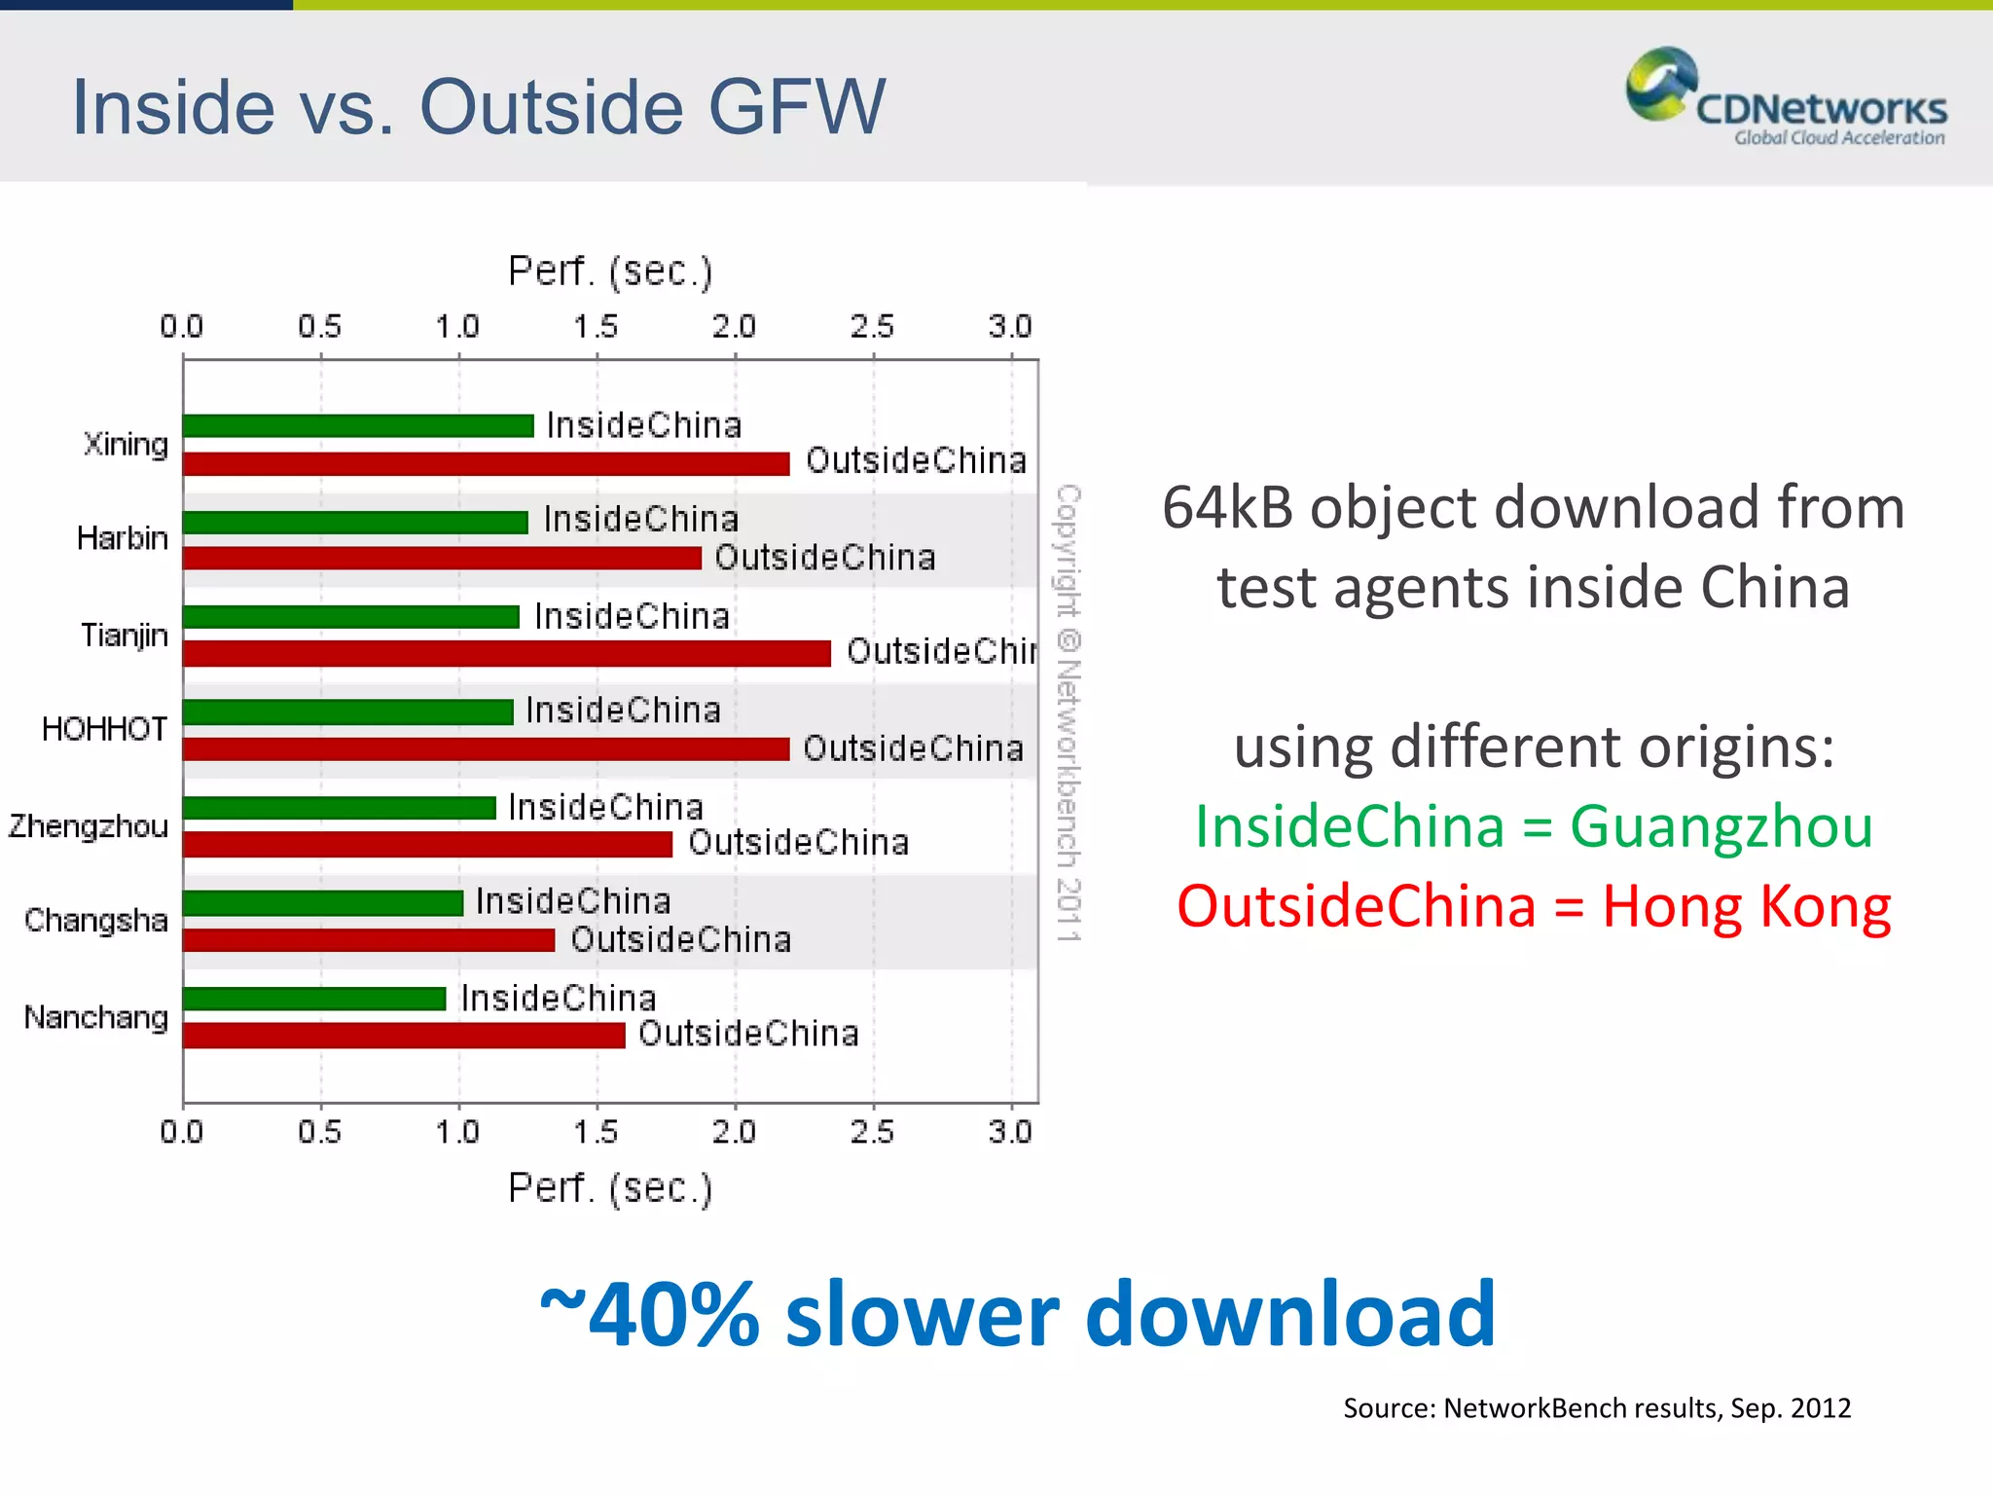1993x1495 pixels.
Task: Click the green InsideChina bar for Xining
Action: (358, 426)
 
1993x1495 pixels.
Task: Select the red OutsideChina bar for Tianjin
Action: (506, 653)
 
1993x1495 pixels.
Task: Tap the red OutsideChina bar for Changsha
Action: (368, 940)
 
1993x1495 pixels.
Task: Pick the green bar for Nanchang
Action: (313, 999)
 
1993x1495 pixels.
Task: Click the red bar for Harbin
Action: (442, 558)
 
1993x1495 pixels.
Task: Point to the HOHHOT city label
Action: (104, 729)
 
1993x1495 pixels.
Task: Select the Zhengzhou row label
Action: (89, 826)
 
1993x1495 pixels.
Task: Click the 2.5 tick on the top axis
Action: (872, 327)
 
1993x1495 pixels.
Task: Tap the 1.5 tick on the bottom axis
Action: (596, 1132)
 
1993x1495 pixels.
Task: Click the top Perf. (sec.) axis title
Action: (610, 272)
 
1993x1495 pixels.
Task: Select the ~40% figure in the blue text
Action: (650, 1315)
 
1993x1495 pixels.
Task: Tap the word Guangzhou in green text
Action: (1721, 827)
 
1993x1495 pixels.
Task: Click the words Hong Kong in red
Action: (1746, 907)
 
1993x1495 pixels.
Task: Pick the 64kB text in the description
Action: (1231, 508)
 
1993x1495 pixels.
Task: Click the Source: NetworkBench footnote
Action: (1596, 1408)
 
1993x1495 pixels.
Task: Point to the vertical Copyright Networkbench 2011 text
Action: (1069, 712)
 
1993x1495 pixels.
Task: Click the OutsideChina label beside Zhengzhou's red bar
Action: (798, 843)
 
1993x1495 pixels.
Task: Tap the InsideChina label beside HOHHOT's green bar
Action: (623, 711)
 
